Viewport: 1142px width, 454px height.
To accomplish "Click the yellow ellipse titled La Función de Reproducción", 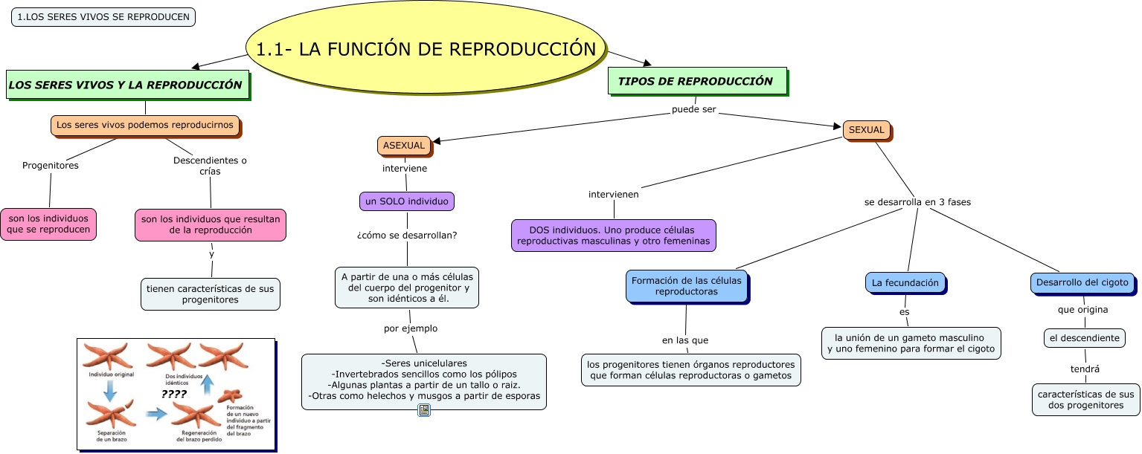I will (426, 50).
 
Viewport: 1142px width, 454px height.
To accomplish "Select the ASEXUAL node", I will (404, 146).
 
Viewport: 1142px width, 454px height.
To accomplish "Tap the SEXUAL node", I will (867, 130).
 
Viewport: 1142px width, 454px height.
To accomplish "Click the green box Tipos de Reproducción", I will (696, 81).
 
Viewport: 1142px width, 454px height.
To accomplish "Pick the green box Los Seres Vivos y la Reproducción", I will (126, 85).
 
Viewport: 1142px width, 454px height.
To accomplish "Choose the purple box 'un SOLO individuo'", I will (406, 201).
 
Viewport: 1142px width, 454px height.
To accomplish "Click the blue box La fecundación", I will (905, 282).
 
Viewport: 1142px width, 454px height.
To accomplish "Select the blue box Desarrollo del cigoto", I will (1082, 282).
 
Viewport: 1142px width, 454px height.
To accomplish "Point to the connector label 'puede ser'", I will (693, 110).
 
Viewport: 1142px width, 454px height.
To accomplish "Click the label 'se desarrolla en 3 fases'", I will (917, 201).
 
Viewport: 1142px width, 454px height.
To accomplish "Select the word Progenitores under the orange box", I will (51, 165).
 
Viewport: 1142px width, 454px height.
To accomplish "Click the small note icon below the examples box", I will (424, 410).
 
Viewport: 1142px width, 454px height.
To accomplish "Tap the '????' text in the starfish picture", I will (174, 395).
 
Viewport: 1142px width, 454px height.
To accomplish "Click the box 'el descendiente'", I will (1084, 337).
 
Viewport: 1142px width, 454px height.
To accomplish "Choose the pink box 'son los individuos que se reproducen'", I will (49, 224).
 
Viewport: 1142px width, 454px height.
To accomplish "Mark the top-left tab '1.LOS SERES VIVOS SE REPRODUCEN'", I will (103, 17).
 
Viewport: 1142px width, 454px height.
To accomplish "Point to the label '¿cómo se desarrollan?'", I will (407, 236).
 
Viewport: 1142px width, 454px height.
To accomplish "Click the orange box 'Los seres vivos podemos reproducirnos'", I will (145, 125).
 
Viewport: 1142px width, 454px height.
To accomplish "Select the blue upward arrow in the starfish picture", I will (209, 384).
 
